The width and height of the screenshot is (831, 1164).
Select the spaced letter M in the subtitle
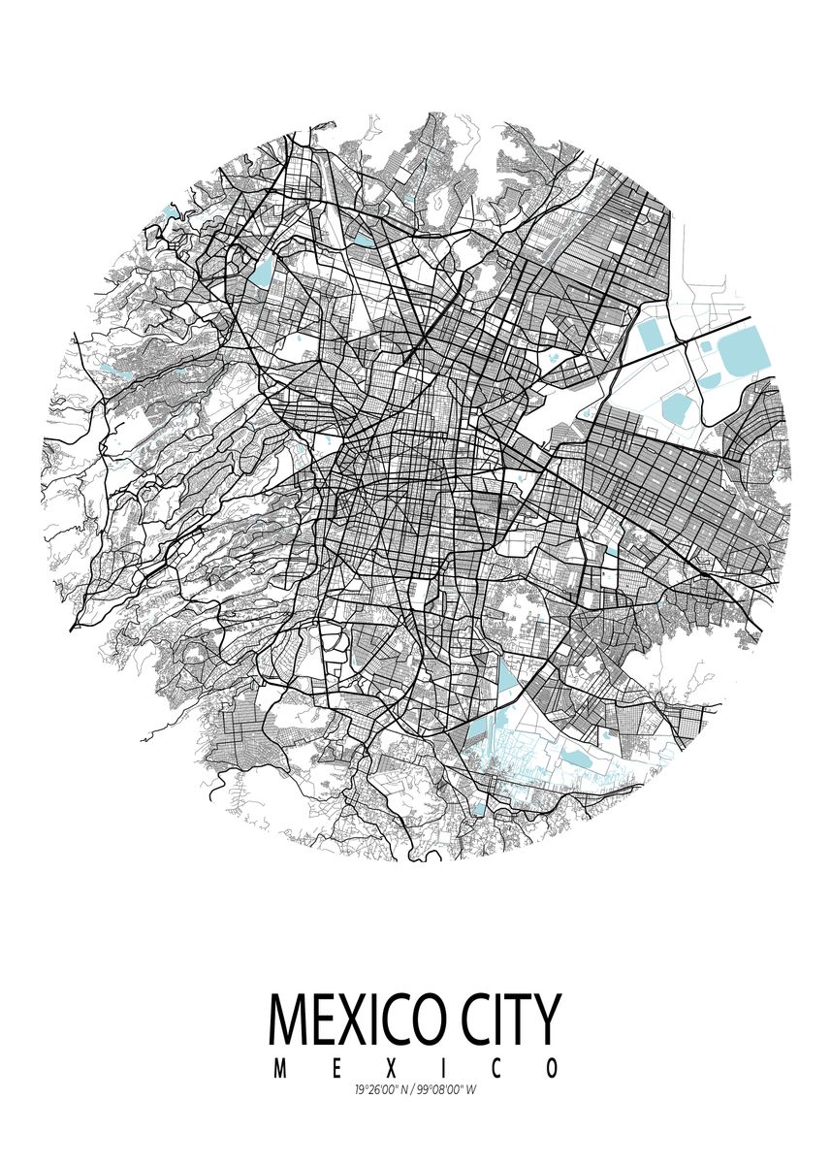[280, 1069]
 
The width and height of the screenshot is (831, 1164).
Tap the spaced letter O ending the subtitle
[552, 1069]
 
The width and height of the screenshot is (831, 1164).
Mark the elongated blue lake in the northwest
[262, 273]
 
